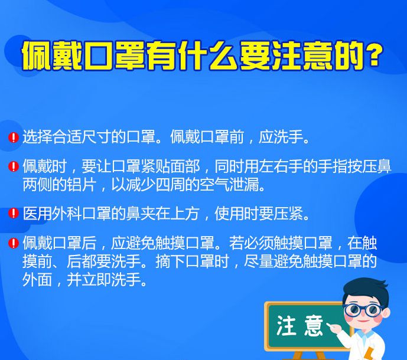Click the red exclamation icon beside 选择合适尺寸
[14, 137]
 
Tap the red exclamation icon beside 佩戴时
[14, 166]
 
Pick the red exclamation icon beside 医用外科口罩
[14, 214]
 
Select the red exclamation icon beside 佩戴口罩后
[14, 243]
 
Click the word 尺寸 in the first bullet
[96, 137]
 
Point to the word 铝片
[82, 185]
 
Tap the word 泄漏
[245, 185]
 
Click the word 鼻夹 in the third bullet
[141, 214]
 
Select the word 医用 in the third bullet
[37, 214]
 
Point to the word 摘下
[170, 261]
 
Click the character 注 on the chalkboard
[286, 325]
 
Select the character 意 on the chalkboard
[313, 326]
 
